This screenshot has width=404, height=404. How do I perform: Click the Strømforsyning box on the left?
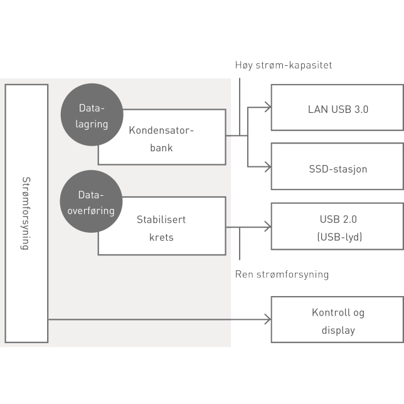coord(26,213)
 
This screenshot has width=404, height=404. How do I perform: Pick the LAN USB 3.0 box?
coord(338,107)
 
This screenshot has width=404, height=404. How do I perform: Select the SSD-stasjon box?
coord(338,167)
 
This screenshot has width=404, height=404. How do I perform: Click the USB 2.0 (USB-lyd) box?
coord(338,226)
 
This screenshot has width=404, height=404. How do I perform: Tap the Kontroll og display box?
coord(338,320)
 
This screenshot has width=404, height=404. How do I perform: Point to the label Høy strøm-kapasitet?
coord(283,65)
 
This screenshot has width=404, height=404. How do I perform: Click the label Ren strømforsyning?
coord(282,274)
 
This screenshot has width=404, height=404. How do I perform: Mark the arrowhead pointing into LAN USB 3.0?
coord(267,107)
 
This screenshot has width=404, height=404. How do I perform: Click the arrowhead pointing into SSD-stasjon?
coord(267,167)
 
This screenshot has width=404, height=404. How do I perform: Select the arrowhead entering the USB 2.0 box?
coord(267,226)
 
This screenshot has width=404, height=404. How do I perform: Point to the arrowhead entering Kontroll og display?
coord(267,320)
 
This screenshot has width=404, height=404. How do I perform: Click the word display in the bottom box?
coord(338,330)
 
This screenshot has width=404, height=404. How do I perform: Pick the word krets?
coord(161,237)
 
